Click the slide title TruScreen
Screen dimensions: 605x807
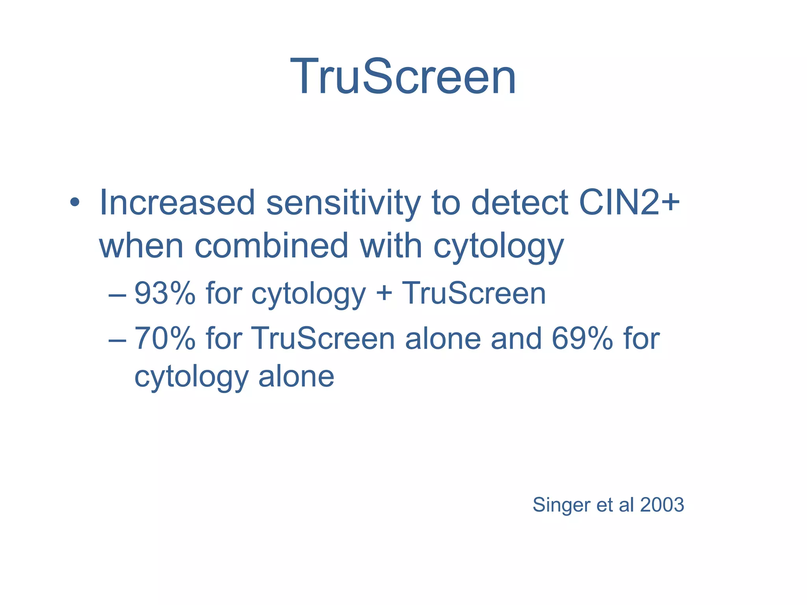coord(403,77)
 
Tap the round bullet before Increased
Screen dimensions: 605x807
coord(74,203)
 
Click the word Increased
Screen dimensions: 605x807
coord(177,203)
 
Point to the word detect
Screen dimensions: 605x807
coord(519,203)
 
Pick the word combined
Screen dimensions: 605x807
coord(271,246)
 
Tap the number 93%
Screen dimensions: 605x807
coord(165,293)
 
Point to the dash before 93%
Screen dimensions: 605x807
coord(117,295)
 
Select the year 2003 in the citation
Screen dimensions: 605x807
coord(662,505)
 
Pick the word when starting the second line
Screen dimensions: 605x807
coord(141,246)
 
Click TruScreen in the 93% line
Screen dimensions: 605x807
coord(474,293)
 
